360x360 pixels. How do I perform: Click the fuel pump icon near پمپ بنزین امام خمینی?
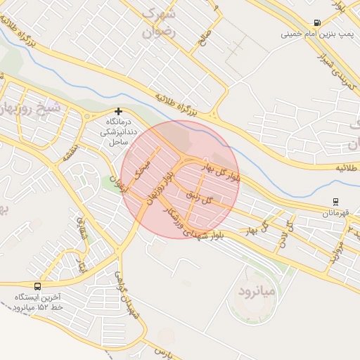point(318,22)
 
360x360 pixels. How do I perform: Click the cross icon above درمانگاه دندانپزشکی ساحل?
point(119,111)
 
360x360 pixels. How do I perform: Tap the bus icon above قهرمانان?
point(335,202)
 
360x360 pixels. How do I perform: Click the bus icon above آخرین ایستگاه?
point(37,286)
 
